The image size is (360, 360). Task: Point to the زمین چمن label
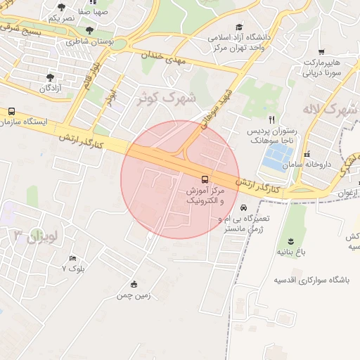coord(134,295)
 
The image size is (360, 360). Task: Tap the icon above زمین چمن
coord(134,284)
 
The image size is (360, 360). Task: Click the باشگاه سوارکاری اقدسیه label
coord(314,279)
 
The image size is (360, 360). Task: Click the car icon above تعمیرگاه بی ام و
coord(243,209)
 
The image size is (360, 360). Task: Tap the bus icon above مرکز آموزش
coord(205,179)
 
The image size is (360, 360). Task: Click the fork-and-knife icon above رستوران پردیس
coord(271,119)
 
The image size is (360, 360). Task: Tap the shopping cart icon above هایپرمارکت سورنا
coord(321,52)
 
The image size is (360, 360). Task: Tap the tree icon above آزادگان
coord(49,77)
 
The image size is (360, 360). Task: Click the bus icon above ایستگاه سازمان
coord(11,111)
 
